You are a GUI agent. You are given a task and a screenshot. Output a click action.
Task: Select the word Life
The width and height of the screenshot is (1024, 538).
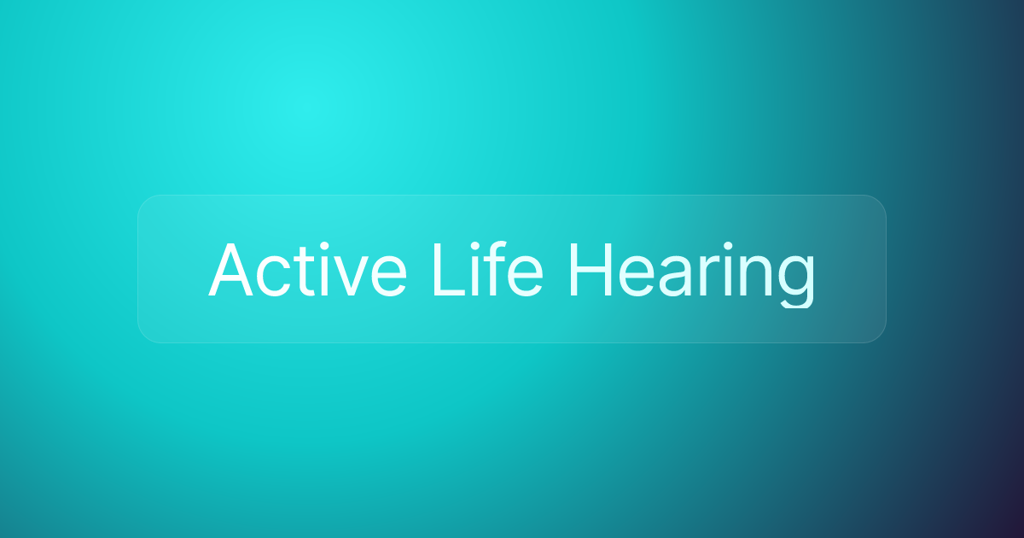pos(486,269)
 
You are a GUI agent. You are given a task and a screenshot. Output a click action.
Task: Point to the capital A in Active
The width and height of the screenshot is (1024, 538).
pos(233,270)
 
